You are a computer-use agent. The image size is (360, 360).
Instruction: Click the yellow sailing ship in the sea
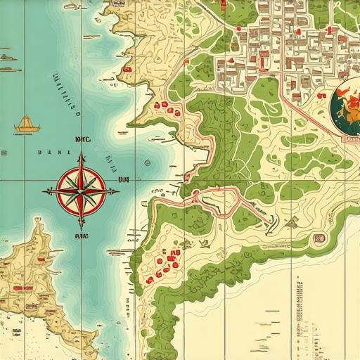26,125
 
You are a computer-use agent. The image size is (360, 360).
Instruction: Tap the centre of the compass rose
81,190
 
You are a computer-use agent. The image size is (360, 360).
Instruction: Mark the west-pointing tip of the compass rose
44,191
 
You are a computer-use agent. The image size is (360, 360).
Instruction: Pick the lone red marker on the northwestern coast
128,70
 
